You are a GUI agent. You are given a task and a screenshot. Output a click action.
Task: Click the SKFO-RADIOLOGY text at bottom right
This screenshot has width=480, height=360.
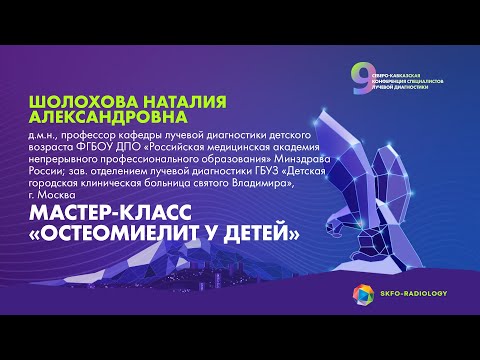coord(412,294)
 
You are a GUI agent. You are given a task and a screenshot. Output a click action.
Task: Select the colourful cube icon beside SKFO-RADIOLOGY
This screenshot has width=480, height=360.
coord(361,294)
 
